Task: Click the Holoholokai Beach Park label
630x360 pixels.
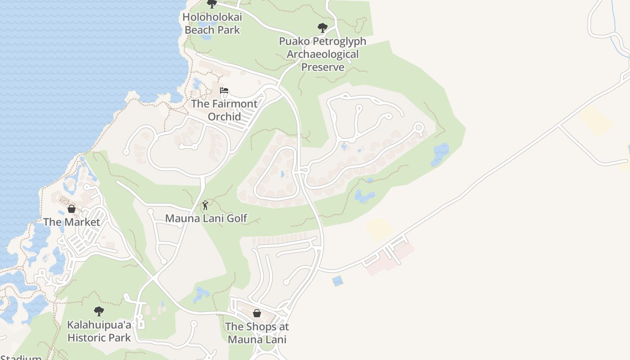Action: (212, 24)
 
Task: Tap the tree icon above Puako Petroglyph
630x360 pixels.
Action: (322, 28)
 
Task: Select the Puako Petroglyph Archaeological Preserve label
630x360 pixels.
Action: (322, 54)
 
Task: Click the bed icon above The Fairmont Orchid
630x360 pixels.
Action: (224, 90)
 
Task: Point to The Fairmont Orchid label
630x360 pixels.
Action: (224, 110)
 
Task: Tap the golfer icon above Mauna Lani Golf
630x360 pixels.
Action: (205, 206)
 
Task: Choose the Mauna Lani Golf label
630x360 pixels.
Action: (206, 219)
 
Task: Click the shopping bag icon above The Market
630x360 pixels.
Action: (71, 209)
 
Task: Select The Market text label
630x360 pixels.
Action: (72, 222)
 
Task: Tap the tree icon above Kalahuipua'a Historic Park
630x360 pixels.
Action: (99, 311)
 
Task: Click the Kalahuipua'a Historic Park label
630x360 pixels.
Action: (99, 331)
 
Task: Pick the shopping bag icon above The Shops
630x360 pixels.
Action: (257, 313)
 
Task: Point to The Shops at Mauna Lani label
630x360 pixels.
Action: (257, 333)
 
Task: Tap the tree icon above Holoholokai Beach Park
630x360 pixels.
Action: (211, 4)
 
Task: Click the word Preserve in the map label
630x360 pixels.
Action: (323, 67)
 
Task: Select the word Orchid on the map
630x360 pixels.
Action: (224, 116)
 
